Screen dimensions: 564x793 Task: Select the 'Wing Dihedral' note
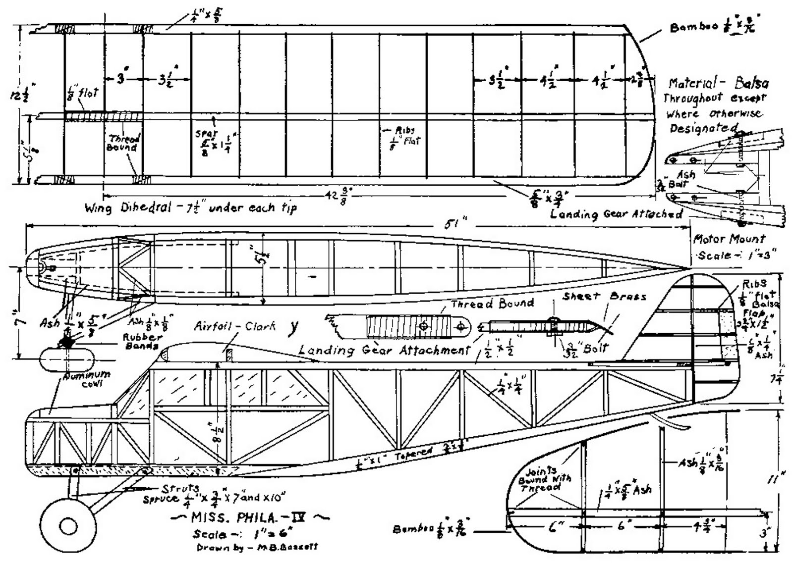point(191,207)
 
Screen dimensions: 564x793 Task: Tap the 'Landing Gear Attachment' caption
point(384,350)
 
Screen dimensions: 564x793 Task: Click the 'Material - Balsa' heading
point(718,83)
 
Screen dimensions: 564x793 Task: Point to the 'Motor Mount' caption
point(729,239)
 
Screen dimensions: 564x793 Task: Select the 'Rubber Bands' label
point(141,341)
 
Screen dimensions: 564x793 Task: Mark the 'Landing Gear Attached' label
point(616,214)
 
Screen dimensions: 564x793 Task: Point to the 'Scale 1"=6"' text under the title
point(242,534)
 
